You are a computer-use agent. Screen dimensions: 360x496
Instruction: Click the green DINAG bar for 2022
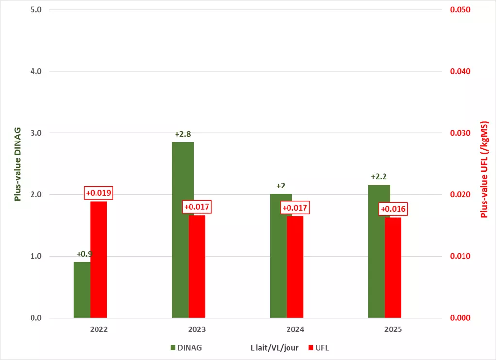[x=82, y=290]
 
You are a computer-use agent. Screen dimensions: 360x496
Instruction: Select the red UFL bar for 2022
[x=98, y=259]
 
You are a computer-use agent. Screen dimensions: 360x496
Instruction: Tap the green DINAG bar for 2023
[x=180, y=230]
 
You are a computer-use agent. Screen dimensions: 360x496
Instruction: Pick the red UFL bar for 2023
[x=197, y=266]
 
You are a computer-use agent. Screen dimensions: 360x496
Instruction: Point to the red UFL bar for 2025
[x=393, y=267]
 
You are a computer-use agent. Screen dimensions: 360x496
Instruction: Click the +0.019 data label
[x=98, y=193]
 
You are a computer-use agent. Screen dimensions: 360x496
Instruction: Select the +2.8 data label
[x=183, y=134]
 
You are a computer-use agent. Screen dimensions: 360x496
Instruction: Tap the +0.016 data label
[x=393, y=209]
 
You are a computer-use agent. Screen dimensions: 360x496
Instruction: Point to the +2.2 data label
[x=379, y=177]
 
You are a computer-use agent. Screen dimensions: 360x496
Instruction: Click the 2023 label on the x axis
[x=197, y=329]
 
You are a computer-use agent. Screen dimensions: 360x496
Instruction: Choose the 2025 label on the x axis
[x=393, y=329]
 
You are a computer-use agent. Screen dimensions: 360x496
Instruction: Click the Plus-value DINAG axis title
[x=17, y=164]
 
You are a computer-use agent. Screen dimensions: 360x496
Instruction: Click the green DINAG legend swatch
[x=173, y=348]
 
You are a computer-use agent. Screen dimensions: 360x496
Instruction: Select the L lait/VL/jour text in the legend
[x=274, y=348]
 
